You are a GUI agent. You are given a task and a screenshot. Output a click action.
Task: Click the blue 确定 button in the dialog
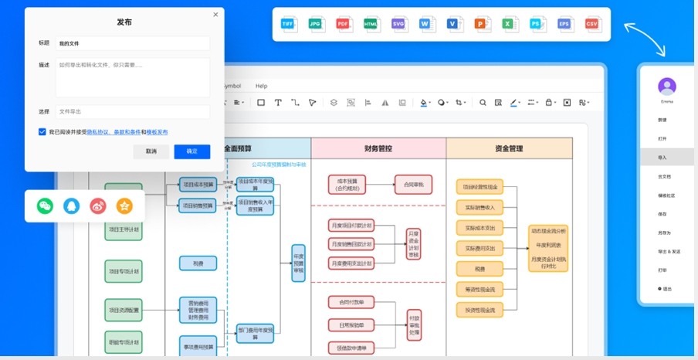coord(192,151)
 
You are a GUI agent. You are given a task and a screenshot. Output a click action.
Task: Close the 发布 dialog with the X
coord(215,15)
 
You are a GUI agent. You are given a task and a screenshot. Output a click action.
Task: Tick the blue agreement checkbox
coord(42,132)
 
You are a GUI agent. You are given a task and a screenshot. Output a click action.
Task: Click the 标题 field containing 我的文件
coord(132,43)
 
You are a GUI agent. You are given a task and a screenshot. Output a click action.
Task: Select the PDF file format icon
coord(343,24)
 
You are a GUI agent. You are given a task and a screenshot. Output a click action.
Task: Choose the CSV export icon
coord(592,24)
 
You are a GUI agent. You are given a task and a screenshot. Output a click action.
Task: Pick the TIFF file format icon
coord(287,24)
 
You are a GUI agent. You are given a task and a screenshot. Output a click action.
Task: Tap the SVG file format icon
coord(398,24)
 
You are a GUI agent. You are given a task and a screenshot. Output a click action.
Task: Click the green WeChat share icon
coord(46,206)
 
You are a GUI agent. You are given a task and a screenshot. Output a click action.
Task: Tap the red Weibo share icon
coord(97,206)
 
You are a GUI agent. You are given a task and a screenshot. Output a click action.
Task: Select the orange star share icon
coord(124,206)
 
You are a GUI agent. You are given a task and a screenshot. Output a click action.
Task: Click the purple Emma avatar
coord(667,87)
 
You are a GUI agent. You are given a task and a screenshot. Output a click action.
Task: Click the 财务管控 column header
coord(378,148)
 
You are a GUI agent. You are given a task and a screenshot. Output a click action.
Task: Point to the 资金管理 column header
coord(509,148)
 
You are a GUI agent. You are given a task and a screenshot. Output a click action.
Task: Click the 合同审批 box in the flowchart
coord(414,185)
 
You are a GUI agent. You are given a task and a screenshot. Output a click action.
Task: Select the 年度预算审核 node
coord(298,263)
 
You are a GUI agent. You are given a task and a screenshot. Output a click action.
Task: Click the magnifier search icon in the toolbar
coord(483,102)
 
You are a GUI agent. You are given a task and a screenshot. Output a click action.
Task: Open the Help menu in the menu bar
coord(262,86)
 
